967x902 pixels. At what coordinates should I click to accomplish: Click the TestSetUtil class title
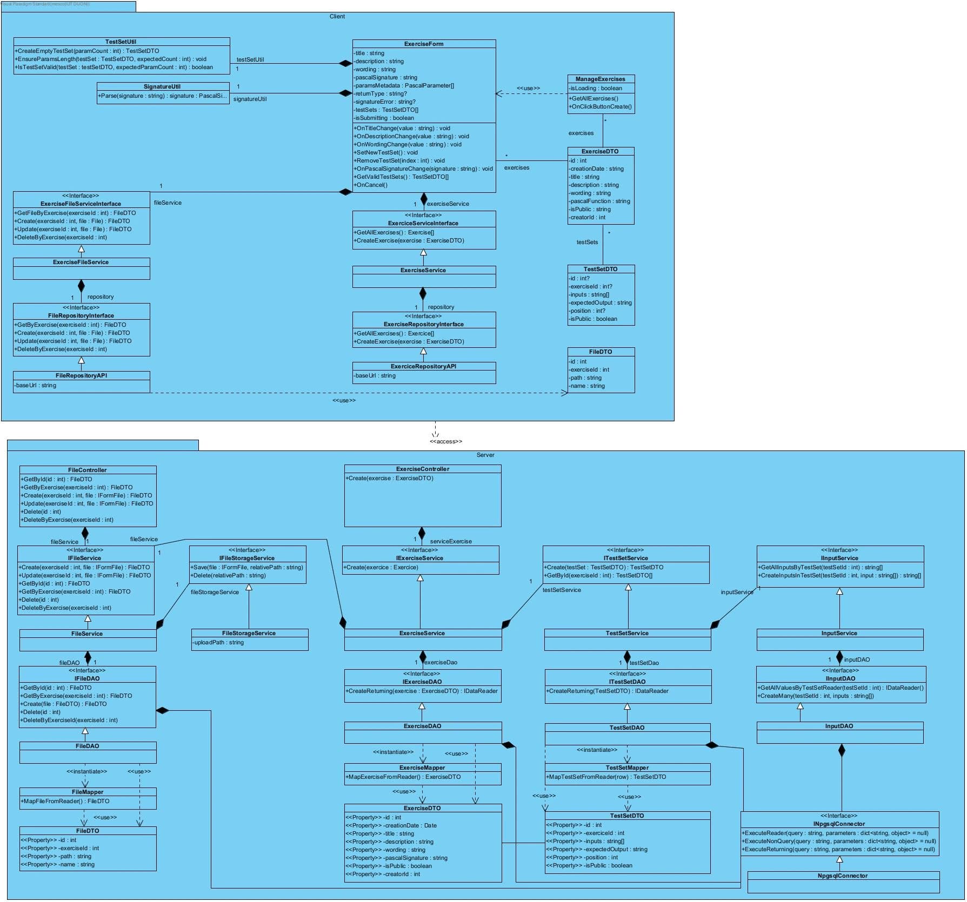pyautogui.click(x=121, y=42)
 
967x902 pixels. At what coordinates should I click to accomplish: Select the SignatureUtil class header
pyautogui.click(x=162, y=86)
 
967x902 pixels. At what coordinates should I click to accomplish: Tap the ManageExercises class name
pyautogui.click(x=600, y=79)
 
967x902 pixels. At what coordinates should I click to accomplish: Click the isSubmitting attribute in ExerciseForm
pyautogui.click(x=385, y=118)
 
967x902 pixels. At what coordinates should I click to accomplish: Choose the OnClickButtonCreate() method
pyautogui.click(x=601, y=106)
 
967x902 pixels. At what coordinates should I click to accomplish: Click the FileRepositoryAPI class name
pyautogui.click(x=81, y=375)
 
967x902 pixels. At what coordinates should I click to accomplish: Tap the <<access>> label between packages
pyautogui.click(x=446, y=441)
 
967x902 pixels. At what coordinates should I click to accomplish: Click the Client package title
pyautogui.click(x=337, y=16)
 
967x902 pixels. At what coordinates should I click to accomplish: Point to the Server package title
pyautogui.click(x=485, y=455)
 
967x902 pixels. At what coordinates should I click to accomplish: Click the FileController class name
pyautogui.click(x=88, y=470)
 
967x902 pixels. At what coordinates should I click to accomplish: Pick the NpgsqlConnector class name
pyautogui.click(x=843, y=876)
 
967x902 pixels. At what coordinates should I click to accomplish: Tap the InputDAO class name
pyautogui.click(x=839, y=726)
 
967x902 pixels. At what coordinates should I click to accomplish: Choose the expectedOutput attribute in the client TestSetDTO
pyautogui.click(x=601, y=302)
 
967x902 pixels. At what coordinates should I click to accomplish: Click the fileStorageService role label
pyautogui.click(x=215, y=592)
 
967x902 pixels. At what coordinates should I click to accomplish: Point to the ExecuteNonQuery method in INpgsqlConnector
pyautogui.click(x=838, y=841)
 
